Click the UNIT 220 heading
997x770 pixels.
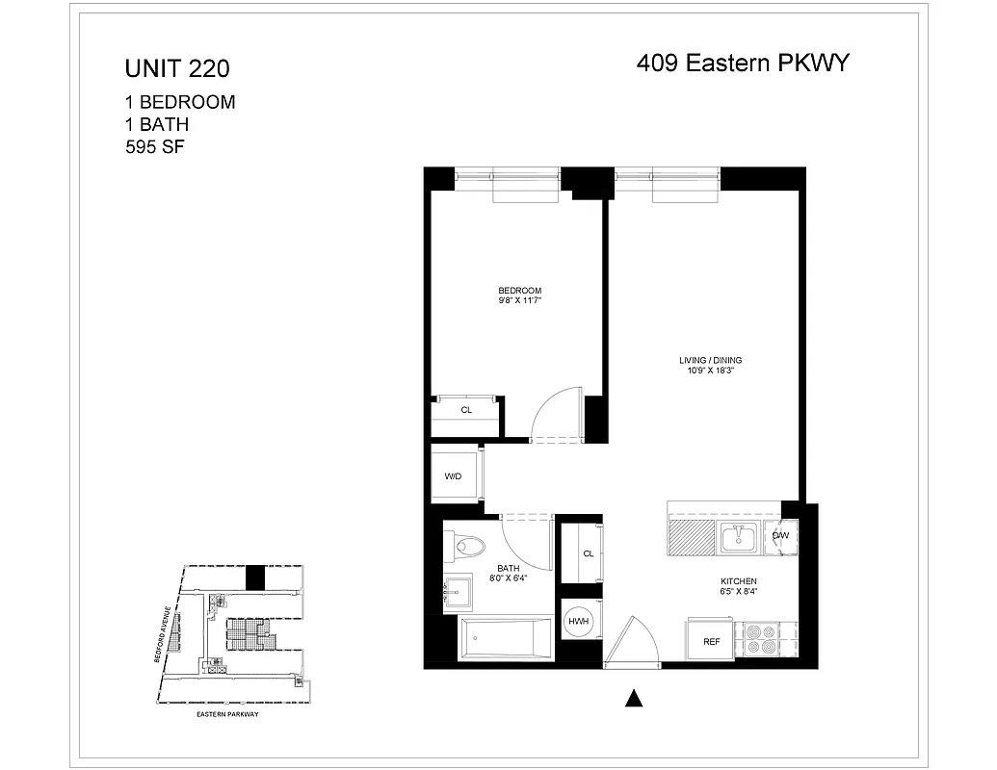pos(177,69)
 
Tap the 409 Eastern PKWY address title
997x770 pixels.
pos(742,64)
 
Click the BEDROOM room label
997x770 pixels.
pos(519,291)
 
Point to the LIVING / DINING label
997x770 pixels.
pos(710,361)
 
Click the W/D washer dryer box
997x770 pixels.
pos(454,477)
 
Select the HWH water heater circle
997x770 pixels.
pos(579,623)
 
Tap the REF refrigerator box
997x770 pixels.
pos(711,641)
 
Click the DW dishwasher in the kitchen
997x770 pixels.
pos(781,536)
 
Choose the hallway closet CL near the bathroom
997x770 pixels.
pos(588,553)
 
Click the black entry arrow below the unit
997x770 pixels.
pos(633,699)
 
